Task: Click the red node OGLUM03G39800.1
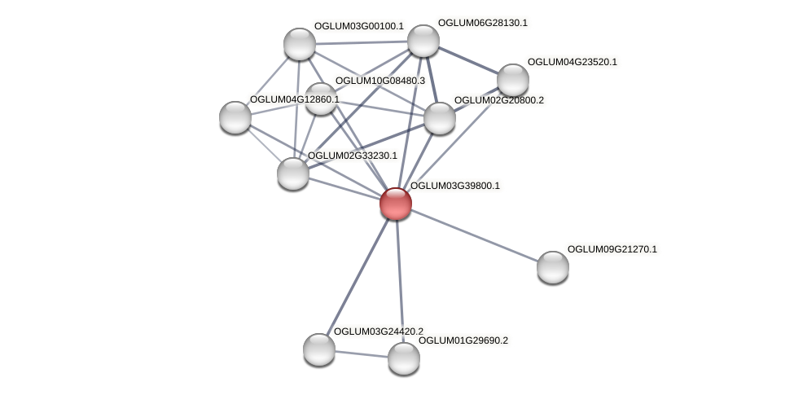coord(396,203)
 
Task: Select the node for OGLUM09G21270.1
coord(552,266)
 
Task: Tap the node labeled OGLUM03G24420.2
coord(319,349)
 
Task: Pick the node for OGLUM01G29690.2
coord(403,358)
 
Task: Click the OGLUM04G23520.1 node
coord(512,80)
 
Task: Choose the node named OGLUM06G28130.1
coord(423,41)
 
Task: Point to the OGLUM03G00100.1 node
coord(299,43)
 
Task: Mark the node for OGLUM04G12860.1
coord(235,117)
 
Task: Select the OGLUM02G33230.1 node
coord(293,173)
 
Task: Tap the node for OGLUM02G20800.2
coord(440,118)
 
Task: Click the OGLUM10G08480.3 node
coord(321,99)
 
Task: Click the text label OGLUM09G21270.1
coord(612,249)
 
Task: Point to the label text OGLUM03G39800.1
coord(454,186)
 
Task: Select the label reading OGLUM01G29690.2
coord(463,340)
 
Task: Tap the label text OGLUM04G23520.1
coord(572,62)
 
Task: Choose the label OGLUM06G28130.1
coord(482,23)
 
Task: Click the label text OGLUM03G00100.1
coord(358,26)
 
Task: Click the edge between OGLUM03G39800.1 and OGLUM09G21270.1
coord(474,235)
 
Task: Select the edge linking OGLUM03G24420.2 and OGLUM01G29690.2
coord(361,353)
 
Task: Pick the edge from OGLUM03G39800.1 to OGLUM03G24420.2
coord(358,275)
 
